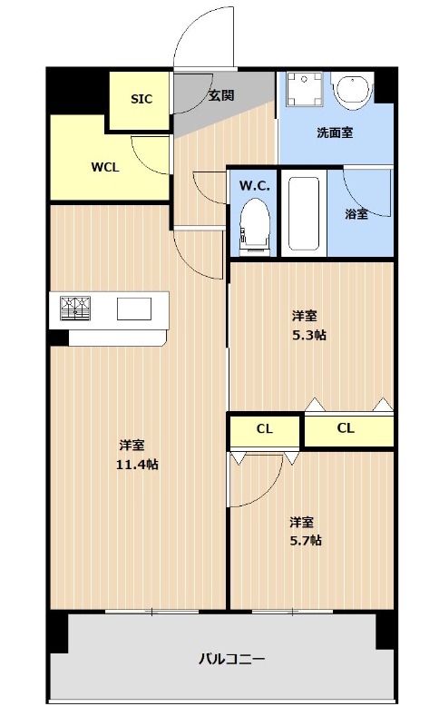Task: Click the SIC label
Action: tap(141, 99)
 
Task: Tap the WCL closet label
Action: tap(105, 167)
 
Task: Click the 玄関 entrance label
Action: tap(221, 94)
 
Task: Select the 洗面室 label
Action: tap(335, 133)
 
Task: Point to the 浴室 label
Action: tap(356, 214)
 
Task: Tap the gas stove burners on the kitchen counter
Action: tap(76, 309)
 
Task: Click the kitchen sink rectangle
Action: tap(134, 309)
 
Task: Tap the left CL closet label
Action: tap(264, 429)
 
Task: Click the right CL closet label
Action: tap(346, 428)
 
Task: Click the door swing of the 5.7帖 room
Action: tap(259, 481)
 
